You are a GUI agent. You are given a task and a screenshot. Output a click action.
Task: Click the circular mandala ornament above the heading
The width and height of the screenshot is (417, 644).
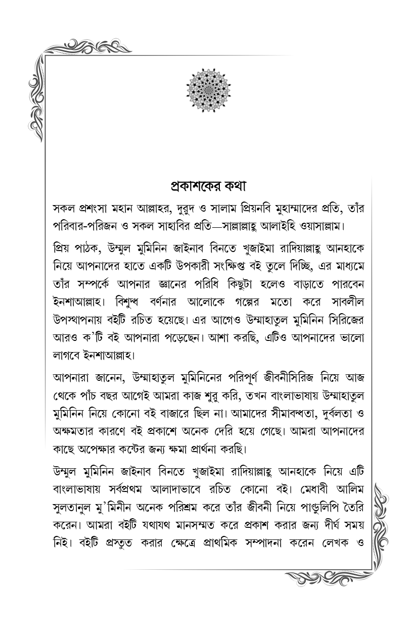tap(209, 91)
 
